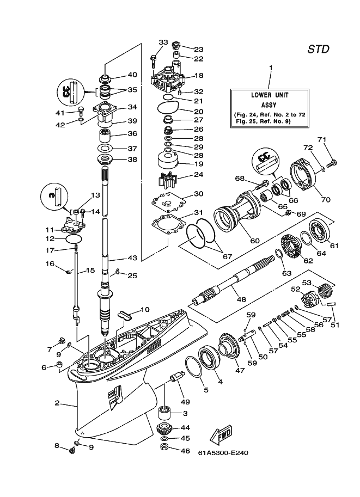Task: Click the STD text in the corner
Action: pyautogui.click(x=318, y=49)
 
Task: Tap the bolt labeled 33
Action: pyautogui.click(x=154, y=60)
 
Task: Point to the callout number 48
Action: pyautogui.click(x=241, y=299)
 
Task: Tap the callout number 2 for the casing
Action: pyautogui.click(x=57, y=403)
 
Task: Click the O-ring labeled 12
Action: pyautogui.click(x=75, y=239)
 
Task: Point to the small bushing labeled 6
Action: pyautogui.click(x=59, y=365)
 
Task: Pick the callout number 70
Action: pyautogui.click(x=326, y=199)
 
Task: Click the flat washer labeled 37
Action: pyautogui.click(x=105, y=148)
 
